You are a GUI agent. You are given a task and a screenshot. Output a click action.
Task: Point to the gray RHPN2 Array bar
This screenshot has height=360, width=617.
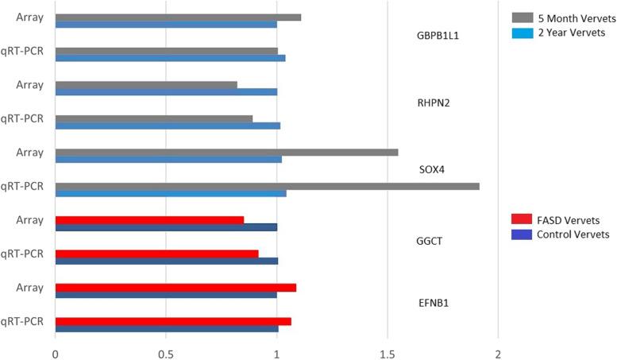146,84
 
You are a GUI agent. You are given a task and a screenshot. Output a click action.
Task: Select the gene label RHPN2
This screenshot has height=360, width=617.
434,103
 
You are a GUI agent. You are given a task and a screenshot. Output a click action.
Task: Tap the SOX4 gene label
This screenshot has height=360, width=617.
433,170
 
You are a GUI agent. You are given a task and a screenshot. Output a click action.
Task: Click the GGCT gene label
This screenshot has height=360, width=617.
433,237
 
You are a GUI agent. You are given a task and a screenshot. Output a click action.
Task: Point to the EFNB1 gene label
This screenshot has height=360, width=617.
434,304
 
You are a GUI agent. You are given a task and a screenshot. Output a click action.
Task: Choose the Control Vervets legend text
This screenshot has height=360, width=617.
573,234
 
